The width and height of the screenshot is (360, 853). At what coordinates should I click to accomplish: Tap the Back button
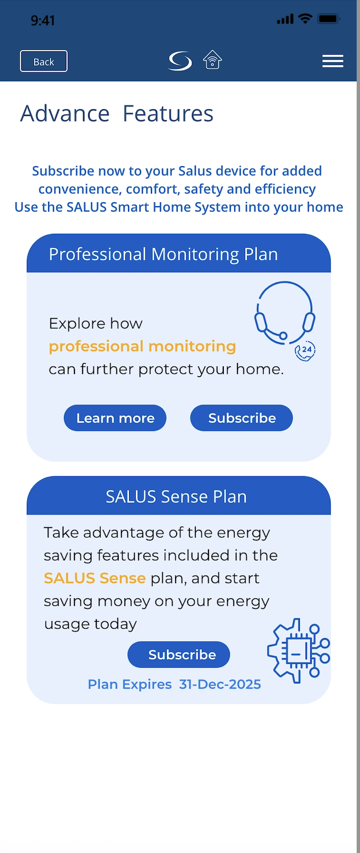coord(44,61)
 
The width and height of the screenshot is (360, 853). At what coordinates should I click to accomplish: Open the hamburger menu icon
coord(333,61)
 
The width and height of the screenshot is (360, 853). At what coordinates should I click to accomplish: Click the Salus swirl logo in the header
coord(180,61)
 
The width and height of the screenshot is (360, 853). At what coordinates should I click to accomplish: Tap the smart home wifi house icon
coord(212,60)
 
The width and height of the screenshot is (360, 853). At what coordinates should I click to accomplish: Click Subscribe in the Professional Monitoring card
coord(241,418)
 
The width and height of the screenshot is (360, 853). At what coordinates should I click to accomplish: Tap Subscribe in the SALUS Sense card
coord(179,655)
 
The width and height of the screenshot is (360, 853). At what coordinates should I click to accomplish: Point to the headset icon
coord(284,313)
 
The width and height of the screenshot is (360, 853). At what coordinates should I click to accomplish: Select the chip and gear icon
coord(299,651)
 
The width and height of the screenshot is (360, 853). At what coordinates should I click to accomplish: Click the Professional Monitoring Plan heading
coord(163,254)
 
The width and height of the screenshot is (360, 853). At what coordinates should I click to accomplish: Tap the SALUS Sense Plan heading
coord(176,496)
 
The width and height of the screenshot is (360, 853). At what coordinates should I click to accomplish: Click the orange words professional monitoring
coord(142,347)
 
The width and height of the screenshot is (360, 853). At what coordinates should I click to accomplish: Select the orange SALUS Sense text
coord(95,578)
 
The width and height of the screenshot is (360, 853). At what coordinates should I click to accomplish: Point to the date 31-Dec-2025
coord(220,684)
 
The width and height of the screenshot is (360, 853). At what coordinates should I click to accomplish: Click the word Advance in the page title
coord(65,114)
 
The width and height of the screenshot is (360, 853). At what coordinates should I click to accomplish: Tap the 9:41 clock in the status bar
coord(43,20)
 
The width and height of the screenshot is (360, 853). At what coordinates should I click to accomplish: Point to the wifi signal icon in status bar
coord(305,18)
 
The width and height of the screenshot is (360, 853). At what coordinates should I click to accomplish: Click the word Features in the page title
coord(168,114)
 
